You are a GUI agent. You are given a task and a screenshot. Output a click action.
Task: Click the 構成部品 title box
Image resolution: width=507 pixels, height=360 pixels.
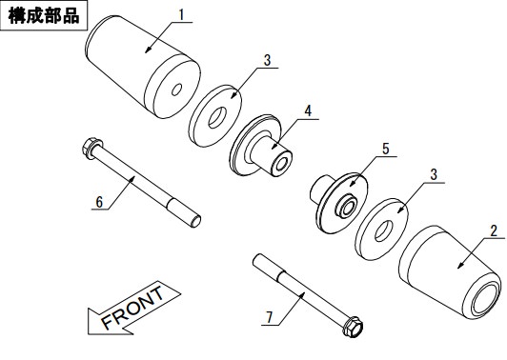point(44,15)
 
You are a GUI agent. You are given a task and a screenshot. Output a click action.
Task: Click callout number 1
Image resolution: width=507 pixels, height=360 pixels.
point(182,15)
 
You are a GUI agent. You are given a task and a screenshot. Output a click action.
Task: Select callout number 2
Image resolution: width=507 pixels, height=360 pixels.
point(494,231)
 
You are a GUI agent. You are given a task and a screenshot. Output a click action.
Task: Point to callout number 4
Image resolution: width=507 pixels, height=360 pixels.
point(308,110)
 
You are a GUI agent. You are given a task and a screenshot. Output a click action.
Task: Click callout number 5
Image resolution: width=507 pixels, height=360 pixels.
point(385,149)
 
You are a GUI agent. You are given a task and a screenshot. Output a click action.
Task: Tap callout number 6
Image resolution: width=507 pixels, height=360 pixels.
point(99,202)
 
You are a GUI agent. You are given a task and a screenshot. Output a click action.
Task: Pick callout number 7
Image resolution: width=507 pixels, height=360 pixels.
point(270,318)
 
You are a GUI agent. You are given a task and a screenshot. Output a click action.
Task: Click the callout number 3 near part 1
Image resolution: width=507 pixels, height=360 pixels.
point(267,60)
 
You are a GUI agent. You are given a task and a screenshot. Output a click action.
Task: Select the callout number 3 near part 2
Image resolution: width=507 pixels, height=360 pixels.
point(434,175)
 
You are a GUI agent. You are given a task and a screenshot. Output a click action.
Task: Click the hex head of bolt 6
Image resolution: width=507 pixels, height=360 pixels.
point(91,149)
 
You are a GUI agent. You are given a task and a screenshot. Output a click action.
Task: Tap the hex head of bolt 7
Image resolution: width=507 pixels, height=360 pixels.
point(354,327)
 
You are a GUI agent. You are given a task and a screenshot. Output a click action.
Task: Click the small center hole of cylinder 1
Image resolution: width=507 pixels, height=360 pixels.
point(176,90)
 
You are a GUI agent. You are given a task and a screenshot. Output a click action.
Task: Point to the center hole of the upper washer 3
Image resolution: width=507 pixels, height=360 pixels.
point(217,117)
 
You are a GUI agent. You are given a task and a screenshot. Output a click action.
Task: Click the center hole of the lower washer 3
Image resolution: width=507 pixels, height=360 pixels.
point(384,230)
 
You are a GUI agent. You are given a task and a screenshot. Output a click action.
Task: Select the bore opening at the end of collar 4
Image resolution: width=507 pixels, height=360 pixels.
point(281,165)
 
